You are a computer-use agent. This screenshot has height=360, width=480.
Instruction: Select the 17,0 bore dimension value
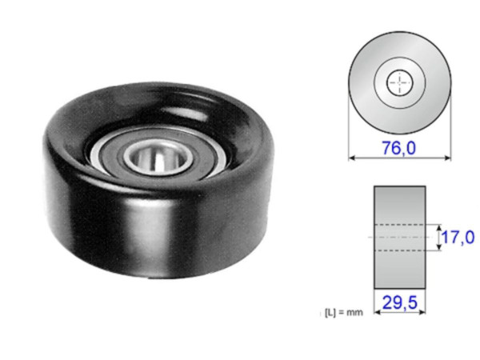[x=458, y=237]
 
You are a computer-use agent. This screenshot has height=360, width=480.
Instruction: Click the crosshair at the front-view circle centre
[x=399, y=81]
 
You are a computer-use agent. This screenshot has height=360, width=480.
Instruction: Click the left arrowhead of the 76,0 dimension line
[x=353, y=158]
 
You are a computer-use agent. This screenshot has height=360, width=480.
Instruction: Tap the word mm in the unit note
[x=355, y=312]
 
